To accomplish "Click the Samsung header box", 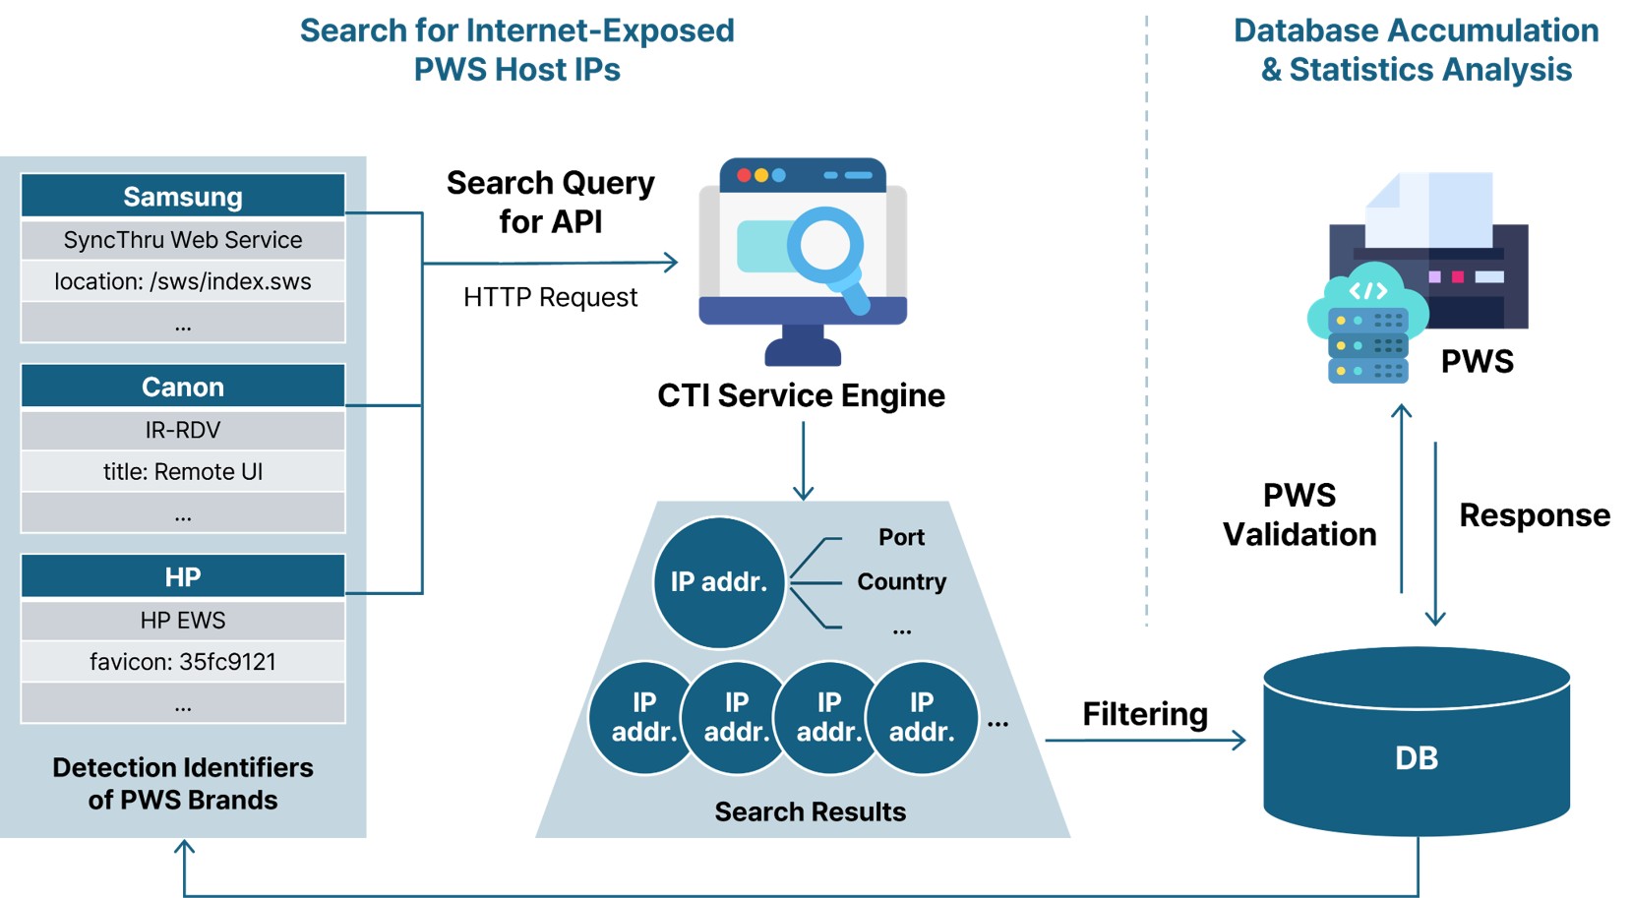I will pos(183,196).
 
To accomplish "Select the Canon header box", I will pos(183,387).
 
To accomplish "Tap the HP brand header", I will pos(183,576).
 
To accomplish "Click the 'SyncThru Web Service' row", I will pos(183,240).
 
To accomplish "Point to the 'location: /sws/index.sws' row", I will pos(183,281).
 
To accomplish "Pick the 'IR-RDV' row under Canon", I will pos(183,430).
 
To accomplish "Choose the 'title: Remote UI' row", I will pos(183,471).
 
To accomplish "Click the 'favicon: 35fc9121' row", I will pos(183,662).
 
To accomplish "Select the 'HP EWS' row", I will pos(183,621).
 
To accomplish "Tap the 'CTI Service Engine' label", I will pos(801,395).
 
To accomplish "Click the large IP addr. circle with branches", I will pos(719,582).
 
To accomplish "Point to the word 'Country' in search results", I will pos(901,582).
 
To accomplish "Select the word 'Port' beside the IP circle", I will pos(901,537).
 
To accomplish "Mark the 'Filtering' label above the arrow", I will pos(1145,714).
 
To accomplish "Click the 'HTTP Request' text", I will pos(550,297).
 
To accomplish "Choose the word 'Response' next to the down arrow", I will pos(1534,515).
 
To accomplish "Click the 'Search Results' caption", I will pos(810,811).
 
